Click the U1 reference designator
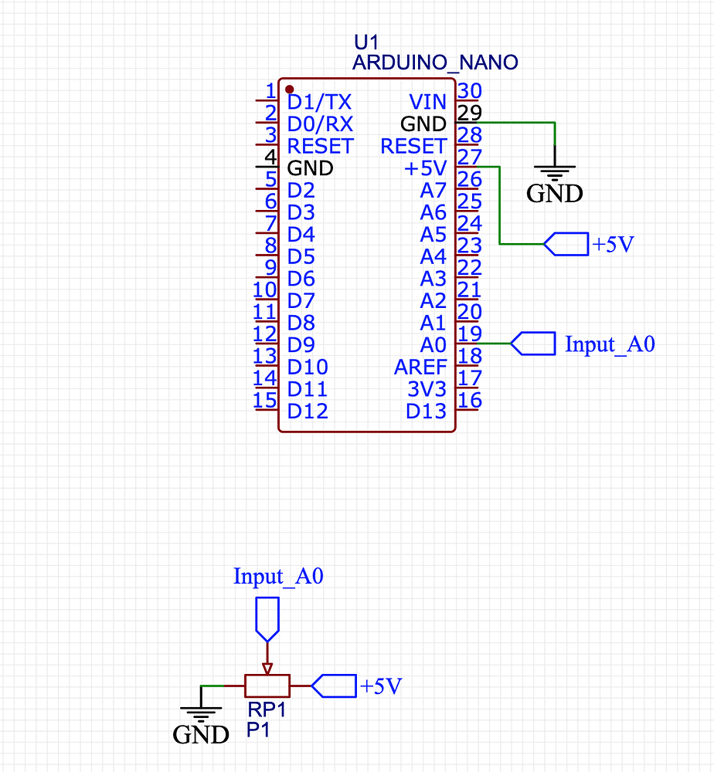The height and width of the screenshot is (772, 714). click(366, 42)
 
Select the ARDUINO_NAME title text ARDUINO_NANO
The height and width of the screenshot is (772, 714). click(435, 63)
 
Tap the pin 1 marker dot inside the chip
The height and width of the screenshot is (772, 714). click(289, 88)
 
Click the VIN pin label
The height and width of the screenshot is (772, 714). click(427, 102)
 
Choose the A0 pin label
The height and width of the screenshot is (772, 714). click(433, 344)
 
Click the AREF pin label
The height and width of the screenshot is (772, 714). click(420, 367)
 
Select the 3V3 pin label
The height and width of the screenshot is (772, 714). click(427, 389)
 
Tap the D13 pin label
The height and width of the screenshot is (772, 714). click(427, 411)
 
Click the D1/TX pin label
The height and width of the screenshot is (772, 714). click(319, 102)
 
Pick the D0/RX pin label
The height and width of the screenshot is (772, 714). click(320, 124)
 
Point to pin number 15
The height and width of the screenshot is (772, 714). click(265, 400)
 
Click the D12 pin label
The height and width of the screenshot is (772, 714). click(308, 411)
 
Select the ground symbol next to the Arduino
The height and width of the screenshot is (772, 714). click(555, 173)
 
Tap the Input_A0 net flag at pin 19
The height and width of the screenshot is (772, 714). click(534, 344)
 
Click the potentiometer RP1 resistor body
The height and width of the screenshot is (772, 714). click(267, 685)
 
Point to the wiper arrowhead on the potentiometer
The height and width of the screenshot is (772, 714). click(267, 668)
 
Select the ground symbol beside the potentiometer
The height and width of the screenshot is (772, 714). click(200, 713)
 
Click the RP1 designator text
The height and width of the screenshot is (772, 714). click(267, 709)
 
